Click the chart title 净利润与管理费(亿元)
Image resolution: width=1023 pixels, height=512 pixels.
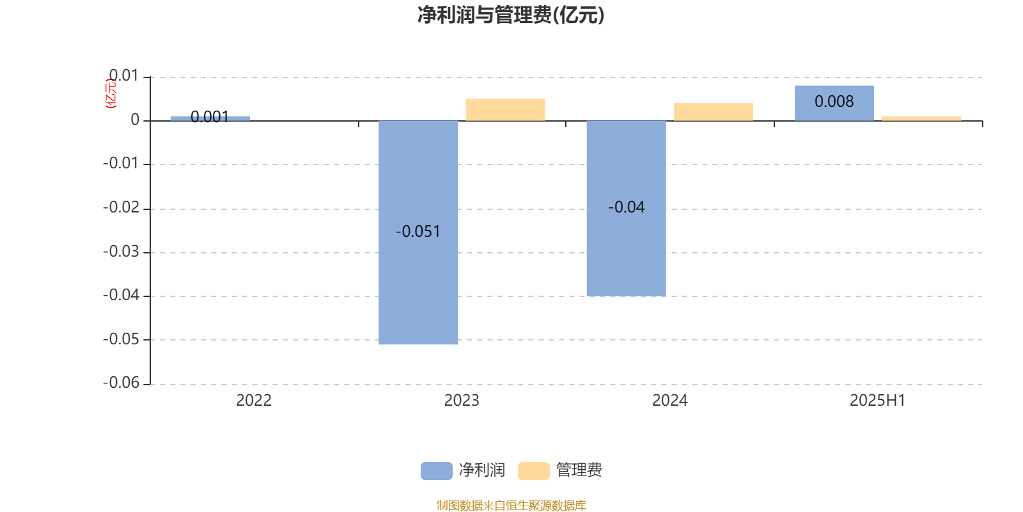[x=511, y=15]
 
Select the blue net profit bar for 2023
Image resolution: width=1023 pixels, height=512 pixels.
[x=418, y=232]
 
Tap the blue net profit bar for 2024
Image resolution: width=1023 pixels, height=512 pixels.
[x=626, y=209]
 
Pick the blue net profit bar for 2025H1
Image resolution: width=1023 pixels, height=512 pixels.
[x=834, y=103]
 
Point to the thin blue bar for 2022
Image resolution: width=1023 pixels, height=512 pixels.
[x=210, y=118]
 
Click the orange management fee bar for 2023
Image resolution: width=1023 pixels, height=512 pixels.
[x=506, y=109]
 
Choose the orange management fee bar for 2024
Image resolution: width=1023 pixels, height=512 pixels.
[x=714, y=112]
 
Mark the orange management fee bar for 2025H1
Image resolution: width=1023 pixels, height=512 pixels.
[x=921, y=118]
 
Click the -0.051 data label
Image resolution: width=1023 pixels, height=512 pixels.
[x=418, y=231]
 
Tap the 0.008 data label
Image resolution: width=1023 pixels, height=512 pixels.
[x=834, y=102]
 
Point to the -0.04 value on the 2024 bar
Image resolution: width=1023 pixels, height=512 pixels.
[x=626, y=207]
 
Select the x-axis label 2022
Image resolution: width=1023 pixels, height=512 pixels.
[x=254, y=401]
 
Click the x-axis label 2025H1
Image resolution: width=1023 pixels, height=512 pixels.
[x=877, y=401]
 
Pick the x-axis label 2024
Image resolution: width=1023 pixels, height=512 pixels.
[x=669, y=401]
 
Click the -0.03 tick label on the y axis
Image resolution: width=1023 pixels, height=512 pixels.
[x=121, y=252]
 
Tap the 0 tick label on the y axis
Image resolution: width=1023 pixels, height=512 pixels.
[x=135, y=120]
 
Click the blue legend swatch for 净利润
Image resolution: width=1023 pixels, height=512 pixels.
[x=437, y=471]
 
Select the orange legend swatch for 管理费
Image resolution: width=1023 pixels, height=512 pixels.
[x=533, y=471]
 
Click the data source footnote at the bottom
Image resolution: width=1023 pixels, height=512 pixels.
[x=511, y=505]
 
